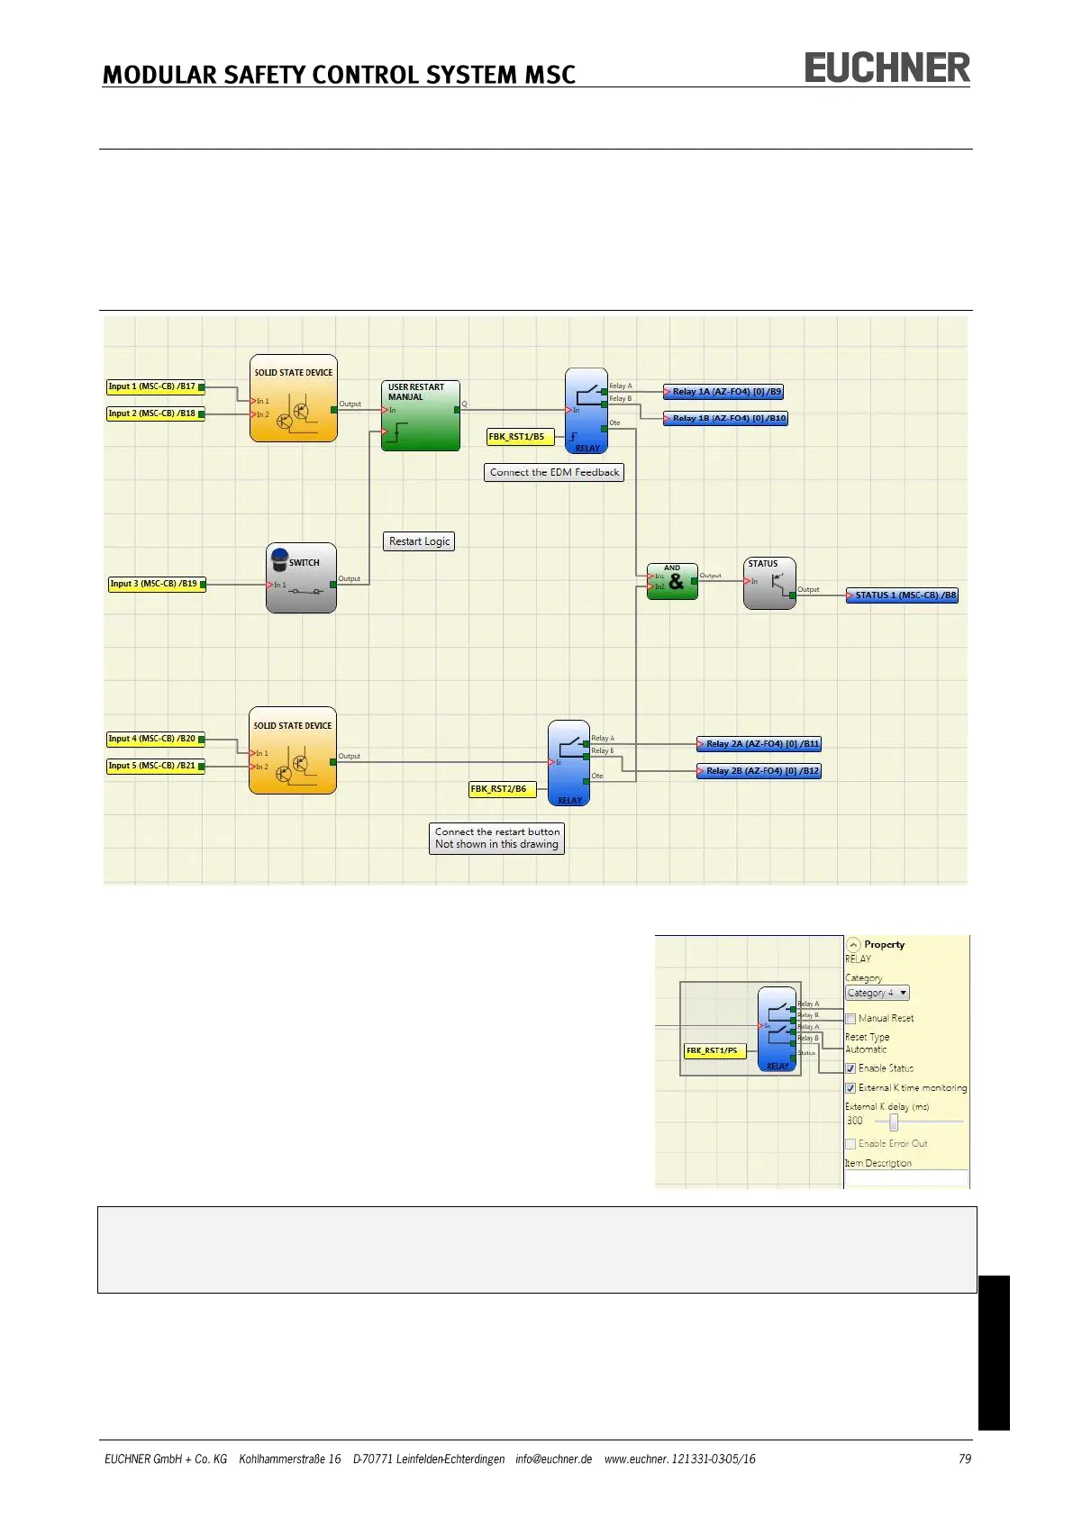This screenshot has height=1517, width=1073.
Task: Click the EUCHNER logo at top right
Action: (x=887, y=68)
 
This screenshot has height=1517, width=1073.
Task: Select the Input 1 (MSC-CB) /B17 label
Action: (x=151, y=387)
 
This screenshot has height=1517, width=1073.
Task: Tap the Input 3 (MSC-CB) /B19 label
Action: (x=153, y=585)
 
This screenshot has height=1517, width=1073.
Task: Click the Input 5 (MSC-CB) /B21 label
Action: (x=151, y=767)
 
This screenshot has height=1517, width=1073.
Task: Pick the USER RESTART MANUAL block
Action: (x=420, y=416)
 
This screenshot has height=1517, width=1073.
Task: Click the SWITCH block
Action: (x=301, y=578)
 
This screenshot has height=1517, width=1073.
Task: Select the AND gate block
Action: (x=672, y=582)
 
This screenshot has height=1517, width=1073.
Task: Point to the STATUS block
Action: (x=768, y=583)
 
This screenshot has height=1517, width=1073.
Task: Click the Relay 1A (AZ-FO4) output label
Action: (x=726, y=392)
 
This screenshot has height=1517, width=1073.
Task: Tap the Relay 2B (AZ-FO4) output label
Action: (x=761, y=771)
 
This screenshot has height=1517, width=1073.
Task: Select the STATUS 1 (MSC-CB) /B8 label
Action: (x=904, y=595)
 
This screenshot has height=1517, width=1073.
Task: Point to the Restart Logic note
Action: (x=419, y=541)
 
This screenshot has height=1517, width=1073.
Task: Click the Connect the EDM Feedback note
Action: (x=554, y=472)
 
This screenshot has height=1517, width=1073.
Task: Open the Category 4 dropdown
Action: (x=877, y=993)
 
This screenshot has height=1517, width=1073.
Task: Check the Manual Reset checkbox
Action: (x=850, y=1019)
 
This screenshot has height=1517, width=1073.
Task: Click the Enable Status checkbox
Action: (x=850, y=1068)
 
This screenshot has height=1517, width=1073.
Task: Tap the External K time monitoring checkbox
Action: (x=850, y=1088)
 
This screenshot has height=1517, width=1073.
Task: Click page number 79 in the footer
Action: (x=965, y=1459)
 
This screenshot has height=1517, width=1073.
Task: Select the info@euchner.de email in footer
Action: (x=553, y=1459)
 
